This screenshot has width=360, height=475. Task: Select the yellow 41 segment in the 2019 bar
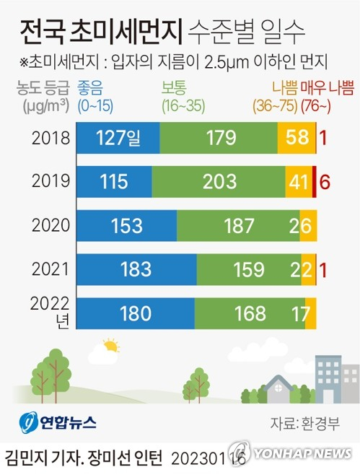click(298, 181)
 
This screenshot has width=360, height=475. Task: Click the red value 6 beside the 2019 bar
click(325, 181)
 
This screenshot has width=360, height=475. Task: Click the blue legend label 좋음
click(92, 89)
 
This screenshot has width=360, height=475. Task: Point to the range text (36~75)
click(275, 105)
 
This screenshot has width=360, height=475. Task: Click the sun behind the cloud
click(110, 345)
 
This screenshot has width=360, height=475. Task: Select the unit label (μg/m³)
click(42, 105)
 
